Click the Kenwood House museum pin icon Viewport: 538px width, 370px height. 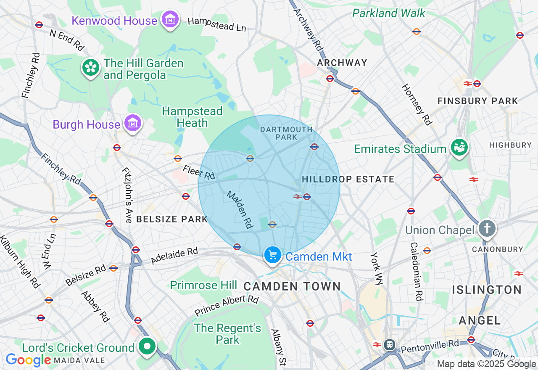[x=170, y=19]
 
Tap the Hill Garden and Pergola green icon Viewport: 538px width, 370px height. [x=90, y=68]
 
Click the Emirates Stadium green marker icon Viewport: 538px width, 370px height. [x=459, y=148]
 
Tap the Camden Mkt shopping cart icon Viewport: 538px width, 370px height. [x=273, y=255]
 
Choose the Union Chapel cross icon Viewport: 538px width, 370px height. [x=487, y=229]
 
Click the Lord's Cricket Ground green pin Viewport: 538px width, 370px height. [x=147, y=347]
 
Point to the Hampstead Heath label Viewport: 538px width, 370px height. [x=192, y=117]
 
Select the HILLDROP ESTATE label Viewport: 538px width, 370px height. [x=348, y=180]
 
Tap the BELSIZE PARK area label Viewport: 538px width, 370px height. [x=172, y=219]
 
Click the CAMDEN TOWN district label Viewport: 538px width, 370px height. [x=292, y=287]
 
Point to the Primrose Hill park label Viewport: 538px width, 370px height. [x=203, y=285]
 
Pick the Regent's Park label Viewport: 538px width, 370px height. [x=227, y=334]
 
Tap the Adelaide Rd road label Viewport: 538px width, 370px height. [x=174, y=256]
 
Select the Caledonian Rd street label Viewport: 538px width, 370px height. [x=416, y=271]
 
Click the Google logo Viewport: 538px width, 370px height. [x=28, y=360]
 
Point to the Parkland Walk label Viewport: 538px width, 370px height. [x=389, y=13]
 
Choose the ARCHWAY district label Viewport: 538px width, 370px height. [x=342, y=63]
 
